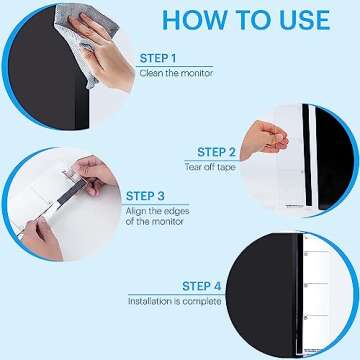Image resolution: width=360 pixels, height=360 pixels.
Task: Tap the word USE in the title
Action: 305,20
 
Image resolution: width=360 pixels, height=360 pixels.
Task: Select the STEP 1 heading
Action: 158,58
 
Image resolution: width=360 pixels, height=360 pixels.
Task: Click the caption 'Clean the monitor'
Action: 176,73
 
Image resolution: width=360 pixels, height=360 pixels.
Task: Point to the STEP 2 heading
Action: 216,152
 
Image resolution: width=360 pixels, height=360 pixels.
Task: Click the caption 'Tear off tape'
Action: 210,167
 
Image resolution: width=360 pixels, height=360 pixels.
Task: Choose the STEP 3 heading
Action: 145,196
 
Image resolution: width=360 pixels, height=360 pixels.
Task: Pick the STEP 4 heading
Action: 202,286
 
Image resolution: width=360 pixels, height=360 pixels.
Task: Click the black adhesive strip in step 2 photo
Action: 307,155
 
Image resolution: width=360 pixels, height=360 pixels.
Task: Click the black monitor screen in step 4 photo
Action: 262,293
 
